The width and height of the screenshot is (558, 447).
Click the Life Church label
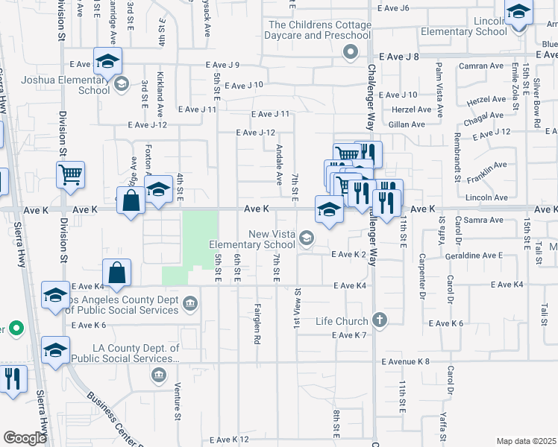[343, 321]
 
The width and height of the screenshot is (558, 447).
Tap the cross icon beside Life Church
[380, 320]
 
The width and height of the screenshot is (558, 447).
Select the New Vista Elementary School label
[252, 238]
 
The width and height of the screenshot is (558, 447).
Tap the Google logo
[25, 437]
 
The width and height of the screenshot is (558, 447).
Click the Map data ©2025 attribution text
[527, 441]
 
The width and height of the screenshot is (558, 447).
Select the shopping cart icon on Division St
[70, 175]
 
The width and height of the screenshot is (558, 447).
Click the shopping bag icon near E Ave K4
[118, 273]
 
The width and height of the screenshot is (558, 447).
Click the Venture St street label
[178, 399]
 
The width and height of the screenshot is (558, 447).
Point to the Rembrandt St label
[457, 157]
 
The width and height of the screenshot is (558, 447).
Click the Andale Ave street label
[279, 165]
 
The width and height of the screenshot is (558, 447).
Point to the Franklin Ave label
[486, 173]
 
